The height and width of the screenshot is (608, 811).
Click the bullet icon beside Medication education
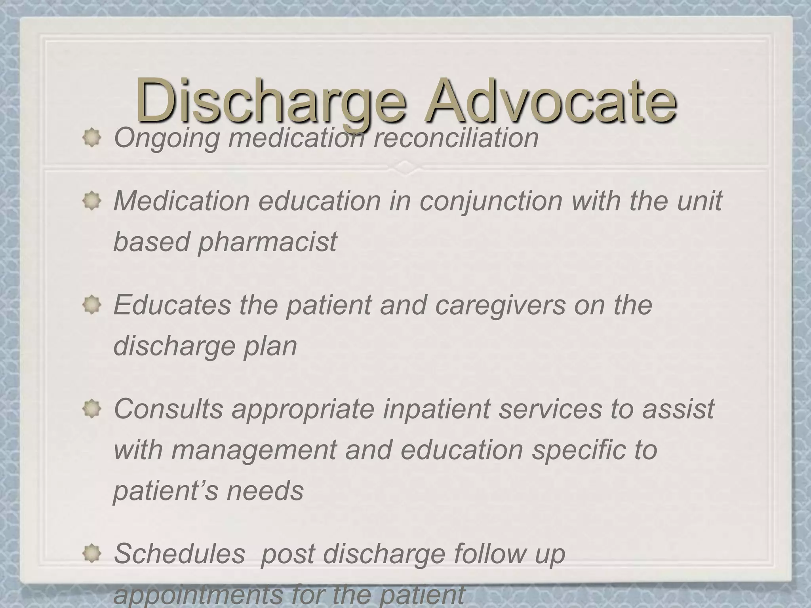pos(92,201)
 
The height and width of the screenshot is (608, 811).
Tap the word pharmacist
pos(267,241)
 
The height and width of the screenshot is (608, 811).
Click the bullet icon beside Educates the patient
pos(92,306)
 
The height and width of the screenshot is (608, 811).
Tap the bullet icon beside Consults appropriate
pos(92,409)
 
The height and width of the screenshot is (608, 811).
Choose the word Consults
pos(168,409)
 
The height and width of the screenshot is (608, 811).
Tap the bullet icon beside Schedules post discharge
pos(92,553)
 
